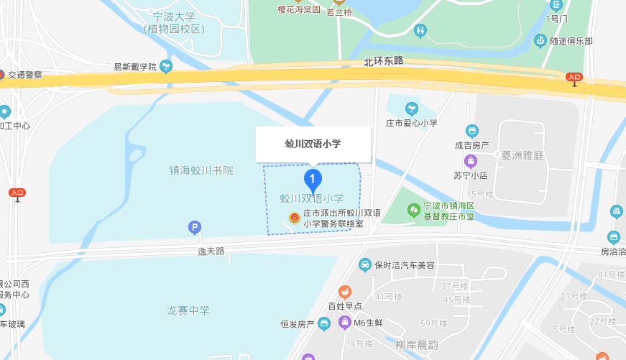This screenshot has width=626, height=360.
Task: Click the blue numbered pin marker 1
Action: click(x=313, y=179)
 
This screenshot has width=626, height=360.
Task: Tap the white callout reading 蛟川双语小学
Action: click(x=313, y=144)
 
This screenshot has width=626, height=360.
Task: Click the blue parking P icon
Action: click(x=194, y=228)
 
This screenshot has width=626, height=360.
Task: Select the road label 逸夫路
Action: click(x=211, y=251)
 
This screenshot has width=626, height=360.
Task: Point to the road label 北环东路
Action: click(x=384, y=62)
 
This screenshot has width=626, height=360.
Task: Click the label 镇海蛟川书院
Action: click(x=201, y=170)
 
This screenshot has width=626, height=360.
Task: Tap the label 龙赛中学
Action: click(x=188, y=310)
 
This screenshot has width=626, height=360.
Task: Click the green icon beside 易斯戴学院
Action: click(x=166, y=67)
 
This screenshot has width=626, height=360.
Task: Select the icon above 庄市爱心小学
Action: click(x=412, y=109)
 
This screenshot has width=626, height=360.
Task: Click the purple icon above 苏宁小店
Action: click(x=471, y=161)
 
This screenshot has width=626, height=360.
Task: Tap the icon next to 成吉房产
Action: click(x=472, y=131)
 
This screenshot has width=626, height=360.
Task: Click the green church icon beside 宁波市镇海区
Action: click(x=414, y=210)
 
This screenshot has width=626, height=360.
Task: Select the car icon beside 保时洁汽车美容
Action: click(x=365, y=265)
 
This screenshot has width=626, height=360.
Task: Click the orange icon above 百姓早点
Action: click(x=346, y=292)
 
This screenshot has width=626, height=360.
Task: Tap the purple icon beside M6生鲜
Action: click(x=344, y=322)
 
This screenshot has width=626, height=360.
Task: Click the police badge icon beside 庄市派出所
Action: click(x=293, y=218)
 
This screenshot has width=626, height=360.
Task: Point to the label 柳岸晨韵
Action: click(x=417, y=345)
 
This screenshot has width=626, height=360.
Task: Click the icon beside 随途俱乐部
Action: click(x=540, y=41)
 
